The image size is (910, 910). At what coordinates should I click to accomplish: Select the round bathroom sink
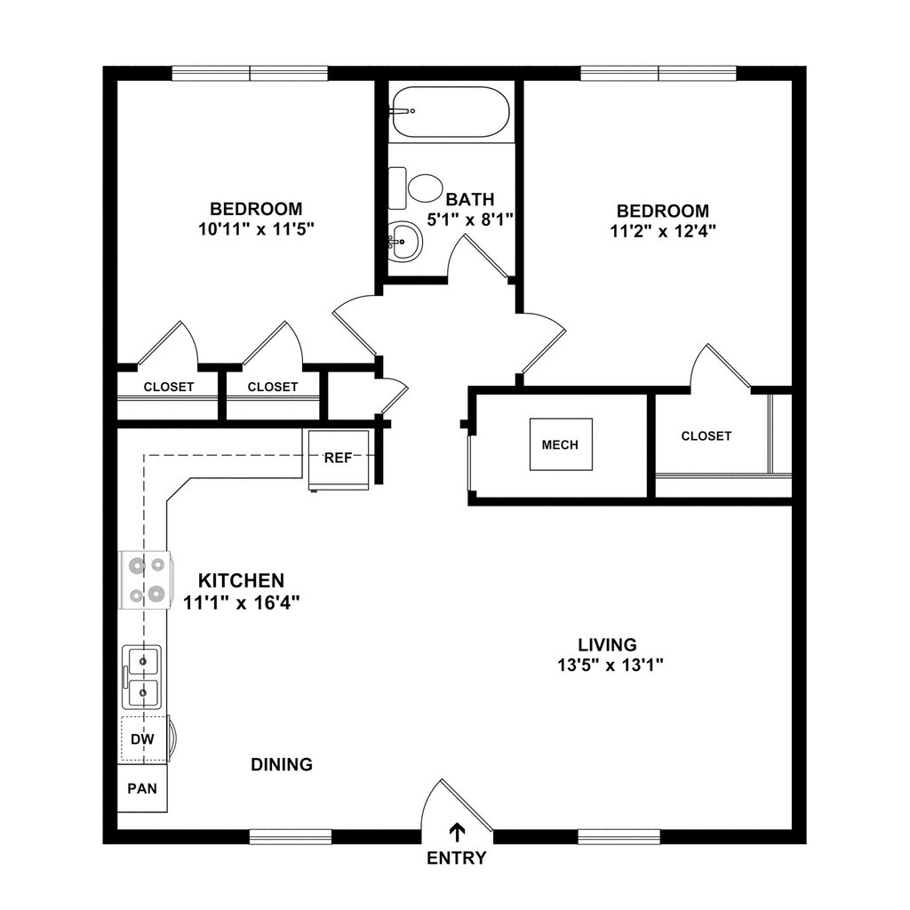pyautogui.click(x=405, y=241)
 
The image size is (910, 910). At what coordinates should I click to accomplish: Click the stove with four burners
pyautogui.click(x=145, y=579)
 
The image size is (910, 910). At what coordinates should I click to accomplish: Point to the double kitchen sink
pyautogui.click(x=142, y=676)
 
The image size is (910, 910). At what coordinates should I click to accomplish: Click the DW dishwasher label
pyautogui.click(x=141, y=738)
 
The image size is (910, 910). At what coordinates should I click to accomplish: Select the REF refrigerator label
pyautogui.click(x=338, y=459)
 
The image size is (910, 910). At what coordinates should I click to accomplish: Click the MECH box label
pyautogui.click(x=560, y=443)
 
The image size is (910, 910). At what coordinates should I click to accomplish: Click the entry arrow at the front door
pyautogui.click(x=457, y=832)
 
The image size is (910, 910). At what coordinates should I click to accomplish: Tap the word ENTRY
pyautogui.click(x=457, y=858)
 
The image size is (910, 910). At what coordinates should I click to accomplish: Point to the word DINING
pyautogui.click(x=281, y=764)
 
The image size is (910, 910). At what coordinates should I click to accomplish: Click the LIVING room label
pyautogui.click(x=607, y=644)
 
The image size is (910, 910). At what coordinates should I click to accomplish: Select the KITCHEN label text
pyautogui.click(x=241, y=580)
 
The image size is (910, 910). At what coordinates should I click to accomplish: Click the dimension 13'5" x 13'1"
pyautogui.click(x=607, y=664)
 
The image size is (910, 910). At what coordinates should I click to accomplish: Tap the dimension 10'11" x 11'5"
pyautogui.click(x=256, y=228)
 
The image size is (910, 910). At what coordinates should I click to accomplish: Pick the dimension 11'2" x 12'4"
pyautogui.click(x=663, y=230)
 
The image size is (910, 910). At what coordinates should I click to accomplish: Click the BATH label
pyautogui.click(x=470, y=199)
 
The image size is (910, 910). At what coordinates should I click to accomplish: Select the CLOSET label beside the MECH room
pyautogui.click(x=706, y=435)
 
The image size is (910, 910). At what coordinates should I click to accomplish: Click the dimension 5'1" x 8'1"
pyautogui.click(x=471, y=219)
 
